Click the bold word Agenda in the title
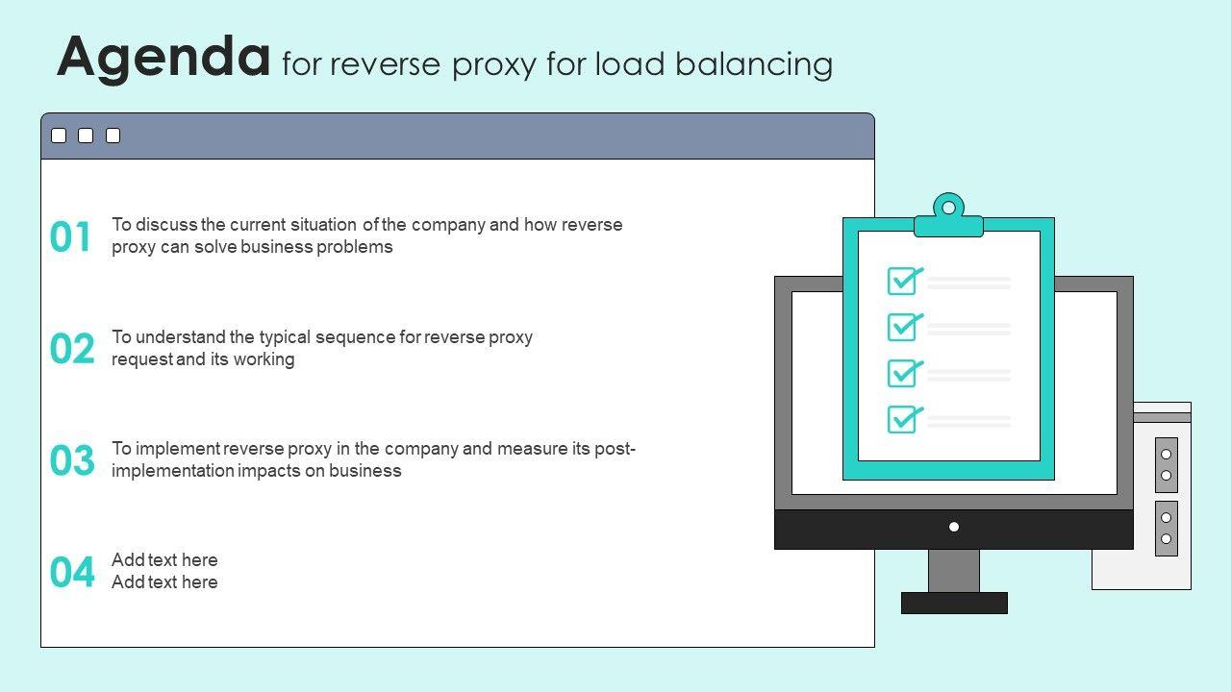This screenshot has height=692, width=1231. coord(163,58)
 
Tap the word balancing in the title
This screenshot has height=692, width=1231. coord(754,64)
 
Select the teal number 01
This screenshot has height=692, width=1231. coord(70,236)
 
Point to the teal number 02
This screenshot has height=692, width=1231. coord(72,349)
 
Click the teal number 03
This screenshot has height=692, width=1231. coord(72,460)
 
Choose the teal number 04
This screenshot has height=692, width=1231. coord(72,572)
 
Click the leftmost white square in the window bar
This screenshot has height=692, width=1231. coord(59,136)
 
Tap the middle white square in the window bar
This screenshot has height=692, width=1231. coord(86,136)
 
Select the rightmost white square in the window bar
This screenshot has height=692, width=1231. coord(113,136)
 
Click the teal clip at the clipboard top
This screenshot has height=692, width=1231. coord(948,216)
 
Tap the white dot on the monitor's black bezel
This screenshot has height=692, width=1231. coord(954,528)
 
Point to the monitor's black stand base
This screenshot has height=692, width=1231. coord(955,603)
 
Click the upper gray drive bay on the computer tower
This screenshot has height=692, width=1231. coord(1167,465)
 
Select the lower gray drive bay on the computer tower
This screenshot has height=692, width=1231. coord(1167,529)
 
